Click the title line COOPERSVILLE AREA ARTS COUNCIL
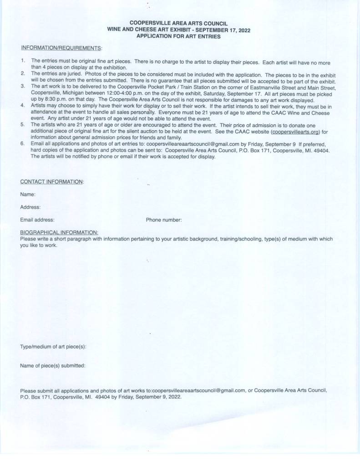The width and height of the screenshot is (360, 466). coord(178,23)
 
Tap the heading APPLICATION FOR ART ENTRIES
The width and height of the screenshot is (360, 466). coord(178,36)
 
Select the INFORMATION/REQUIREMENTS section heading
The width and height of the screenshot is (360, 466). coord(61,48)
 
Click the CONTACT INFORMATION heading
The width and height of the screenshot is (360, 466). coord(52,182)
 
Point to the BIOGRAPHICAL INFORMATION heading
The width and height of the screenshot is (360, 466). coord(59,232)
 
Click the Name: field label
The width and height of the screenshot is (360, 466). coord(28,195)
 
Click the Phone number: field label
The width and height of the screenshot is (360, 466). coord(164,220)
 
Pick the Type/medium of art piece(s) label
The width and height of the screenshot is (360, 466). coord(53,347)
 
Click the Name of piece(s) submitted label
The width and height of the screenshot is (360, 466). coord(53,365)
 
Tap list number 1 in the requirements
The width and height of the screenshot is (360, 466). coord(23,61)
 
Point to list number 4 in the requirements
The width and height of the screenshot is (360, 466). coord(23,105)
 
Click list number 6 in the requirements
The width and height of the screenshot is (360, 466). coord(23,143)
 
